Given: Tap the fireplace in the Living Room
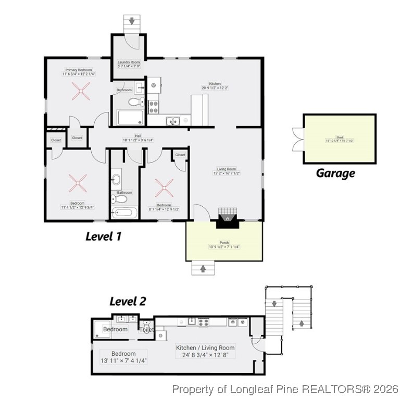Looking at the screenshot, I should [227, 217].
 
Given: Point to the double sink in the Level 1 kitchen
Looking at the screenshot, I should [173, 121].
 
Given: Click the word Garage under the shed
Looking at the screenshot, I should [335, 173].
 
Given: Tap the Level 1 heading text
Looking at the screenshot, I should [103, 236].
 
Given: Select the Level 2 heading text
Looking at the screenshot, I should [128, 301].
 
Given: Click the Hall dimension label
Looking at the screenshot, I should [138, 138].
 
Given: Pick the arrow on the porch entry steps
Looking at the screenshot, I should [203, 269].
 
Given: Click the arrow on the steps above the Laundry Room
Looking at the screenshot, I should [132, 21].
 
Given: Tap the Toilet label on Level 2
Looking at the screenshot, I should [147, 330].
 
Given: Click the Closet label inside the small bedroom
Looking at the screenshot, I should [180, 155].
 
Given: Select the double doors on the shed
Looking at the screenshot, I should [297, 138].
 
